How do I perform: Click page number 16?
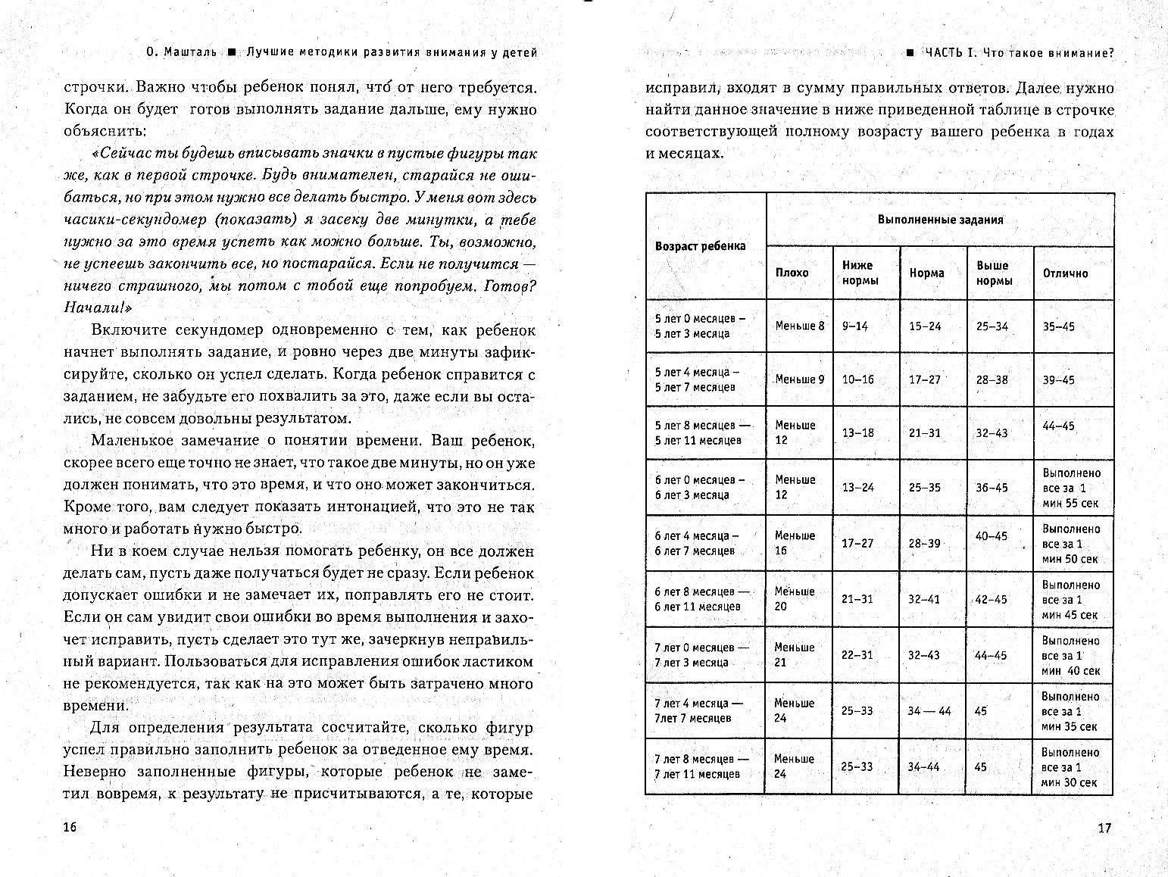pyautogui.click(x=70, y=827)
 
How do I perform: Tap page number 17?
pyautogui.click(x=1104, y=828)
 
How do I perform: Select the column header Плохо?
pyautogui.click(x=792, y=273)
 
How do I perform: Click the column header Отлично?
pyautogui.click(x=1065, y=273)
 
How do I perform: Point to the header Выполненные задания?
pyautogui.click(x=940, y=220)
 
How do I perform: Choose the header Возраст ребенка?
pyautogui.click(x=700, y=246)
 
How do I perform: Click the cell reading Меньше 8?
pyautogui.click(x=799, y=326)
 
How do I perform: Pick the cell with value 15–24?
pyautogui.click(x=924, y=326)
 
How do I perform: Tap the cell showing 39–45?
pyautogui.click(x=1058, y=380)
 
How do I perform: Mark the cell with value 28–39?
pyautogui.click(x=924, y=544)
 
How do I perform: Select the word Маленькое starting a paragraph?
pyautogui.click(x=130, y=440)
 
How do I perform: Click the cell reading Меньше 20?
pyautogui.click(x=795, y=598)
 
